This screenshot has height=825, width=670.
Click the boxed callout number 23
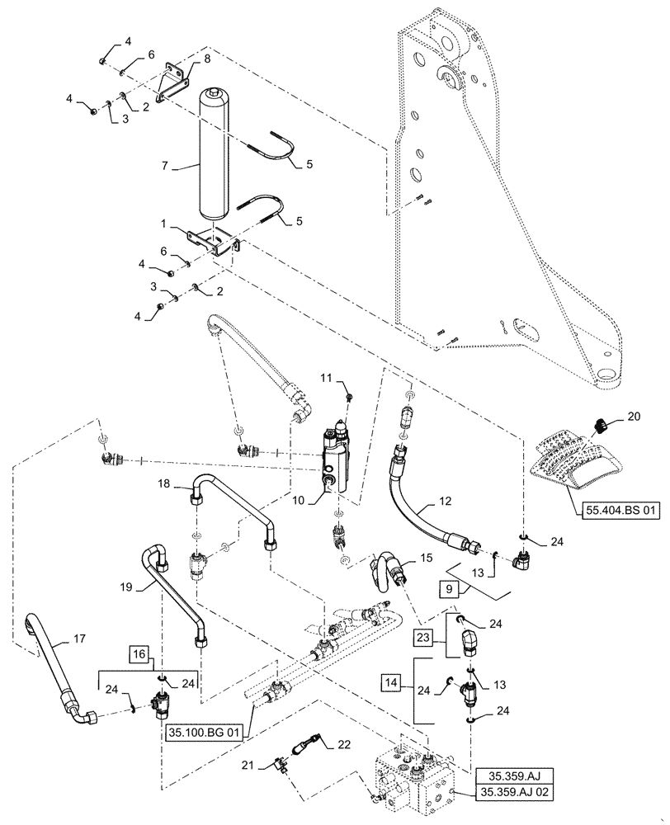[x=423, y=636]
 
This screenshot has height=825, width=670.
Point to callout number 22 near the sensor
[x=343, y=744]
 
